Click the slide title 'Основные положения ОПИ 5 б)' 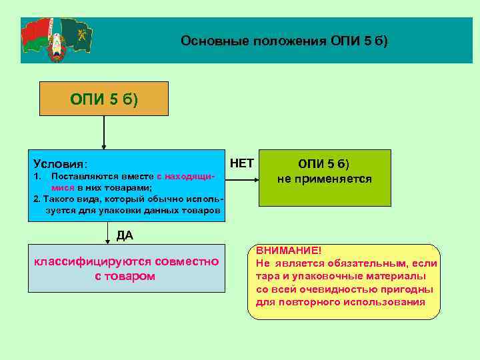point(283,41)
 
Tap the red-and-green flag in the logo point(37,37)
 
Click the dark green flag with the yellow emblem point(77,35)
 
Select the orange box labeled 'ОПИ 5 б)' point(103,99)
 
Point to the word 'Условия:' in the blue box point(61,164)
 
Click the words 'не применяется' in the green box point(325,179)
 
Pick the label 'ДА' point(125,234)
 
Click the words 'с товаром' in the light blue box point(125,275)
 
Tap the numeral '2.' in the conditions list point(37,199)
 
